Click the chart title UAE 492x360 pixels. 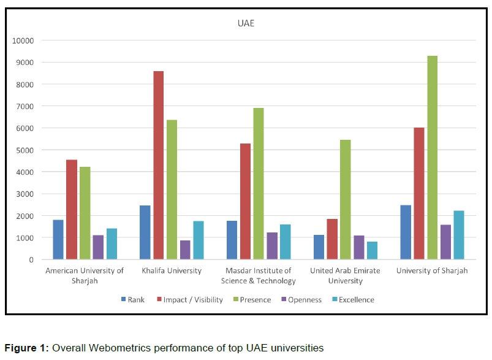coord(246,25)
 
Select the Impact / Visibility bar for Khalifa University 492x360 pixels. coord(158,165)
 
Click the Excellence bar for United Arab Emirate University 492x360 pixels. coord(372,250)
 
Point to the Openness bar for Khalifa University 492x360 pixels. coord(185,250)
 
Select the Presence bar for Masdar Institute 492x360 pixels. coord(259,183)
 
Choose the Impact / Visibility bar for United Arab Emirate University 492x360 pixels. coord(332,239)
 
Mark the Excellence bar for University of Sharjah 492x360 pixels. coord(459,235)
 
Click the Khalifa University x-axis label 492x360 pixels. coord(172,270)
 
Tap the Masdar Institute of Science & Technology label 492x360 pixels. coord(259,275)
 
